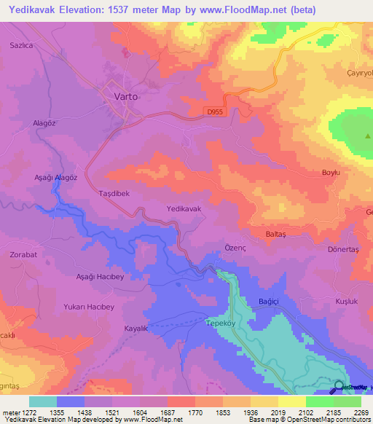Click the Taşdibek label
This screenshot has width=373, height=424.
tap(114, 194)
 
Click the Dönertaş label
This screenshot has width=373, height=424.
tap(345, 249)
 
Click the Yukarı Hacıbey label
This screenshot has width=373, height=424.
tap(90, 306)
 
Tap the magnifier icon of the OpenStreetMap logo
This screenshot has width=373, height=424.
tap(339, 385)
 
